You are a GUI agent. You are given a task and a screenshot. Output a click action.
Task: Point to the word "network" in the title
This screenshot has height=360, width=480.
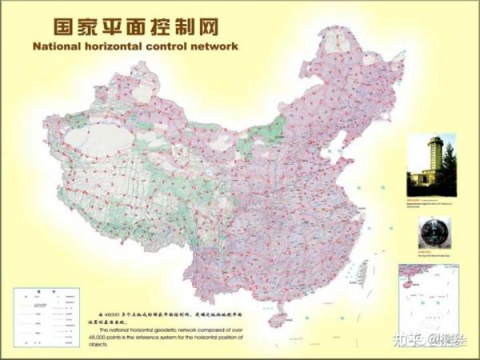218,46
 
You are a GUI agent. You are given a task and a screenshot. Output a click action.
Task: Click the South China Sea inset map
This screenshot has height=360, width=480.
429,298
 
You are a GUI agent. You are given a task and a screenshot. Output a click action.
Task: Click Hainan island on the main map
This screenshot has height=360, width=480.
278,319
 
